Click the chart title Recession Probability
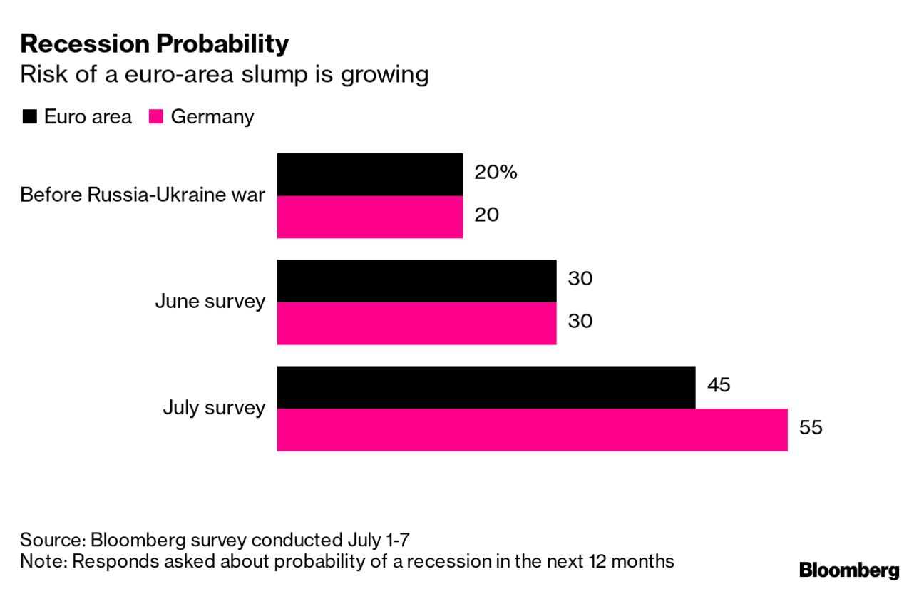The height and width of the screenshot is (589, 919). [x=154, y=44]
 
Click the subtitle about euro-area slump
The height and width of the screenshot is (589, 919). [x=224, y=75]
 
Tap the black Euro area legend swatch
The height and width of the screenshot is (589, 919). [x=29, y=117]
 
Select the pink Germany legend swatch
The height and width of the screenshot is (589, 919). [x=156, y=117]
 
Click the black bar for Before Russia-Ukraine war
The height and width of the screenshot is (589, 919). [x=369, y=175]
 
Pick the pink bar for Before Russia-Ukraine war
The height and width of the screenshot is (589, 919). [x=369, y=217]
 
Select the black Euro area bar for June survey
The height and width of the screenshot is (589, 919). [x=416, y=281]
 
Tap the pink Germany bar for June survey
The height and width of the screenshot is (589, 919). [x=416, y=323]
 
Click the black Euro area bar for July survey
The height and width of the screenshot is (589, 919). [x=486, y=387]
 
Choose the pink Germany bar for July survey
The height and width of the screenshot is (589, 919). [x=532, y=429]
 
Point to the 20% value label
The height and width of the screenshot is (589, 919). [x=495, y=173]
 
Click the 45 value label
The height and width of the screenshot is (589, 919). [x=719, y=385]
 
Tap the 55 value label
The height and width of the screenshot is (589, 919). [x=811, y=428]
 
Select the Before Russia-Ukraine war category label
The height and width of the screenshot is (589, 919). [x=143, y=195]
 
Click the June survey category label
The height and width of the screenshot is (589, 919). [x=210, y=302]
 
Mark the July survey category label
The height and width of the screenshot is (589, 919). [x=214, y=409]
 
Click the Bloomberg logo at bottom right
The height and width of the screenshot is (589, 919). [x=848, y=570]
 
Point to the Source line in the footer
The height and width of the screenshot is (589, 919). [x=214, y=539]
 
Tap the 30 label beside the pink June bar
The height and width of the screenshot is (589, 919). [x=580, y=322]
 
